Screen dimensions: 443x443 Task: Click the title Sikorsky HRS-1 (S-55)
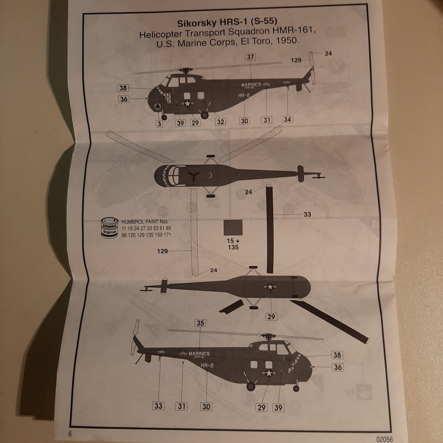coord(227,23)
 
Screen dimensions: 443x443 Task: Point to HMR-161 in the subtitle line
coord(294,32)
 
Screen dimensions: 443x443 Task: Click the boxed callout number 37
coord(250,57)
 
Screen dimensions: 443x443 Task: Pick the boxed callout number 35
coord(200,323)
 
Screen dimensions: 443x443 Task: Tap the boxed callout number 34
coord(287,119)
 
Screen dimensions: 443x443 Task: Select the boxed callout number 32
coord(221,122)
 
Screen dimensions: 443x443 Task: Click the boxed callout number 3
coord(159,123)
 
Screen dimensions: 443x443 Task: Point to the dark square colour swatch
coord(233,227)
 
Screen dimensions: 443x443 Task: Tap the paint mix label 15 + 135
coord(233,244)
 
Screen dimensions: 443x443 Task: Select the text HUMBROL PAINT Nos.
coord(145,222)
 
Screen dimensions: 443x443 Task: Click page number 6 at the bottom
coord(70,434)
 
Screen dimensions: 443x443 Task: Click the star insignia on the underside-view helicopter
coord(270,287)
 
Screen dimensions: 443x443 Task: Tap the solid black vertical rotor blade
coord(269,229)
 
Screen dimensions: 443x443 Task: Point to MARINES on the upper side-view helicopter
coord(251,85)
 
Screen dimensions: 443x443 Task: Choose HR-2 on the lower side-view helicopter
coord(207,365)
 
